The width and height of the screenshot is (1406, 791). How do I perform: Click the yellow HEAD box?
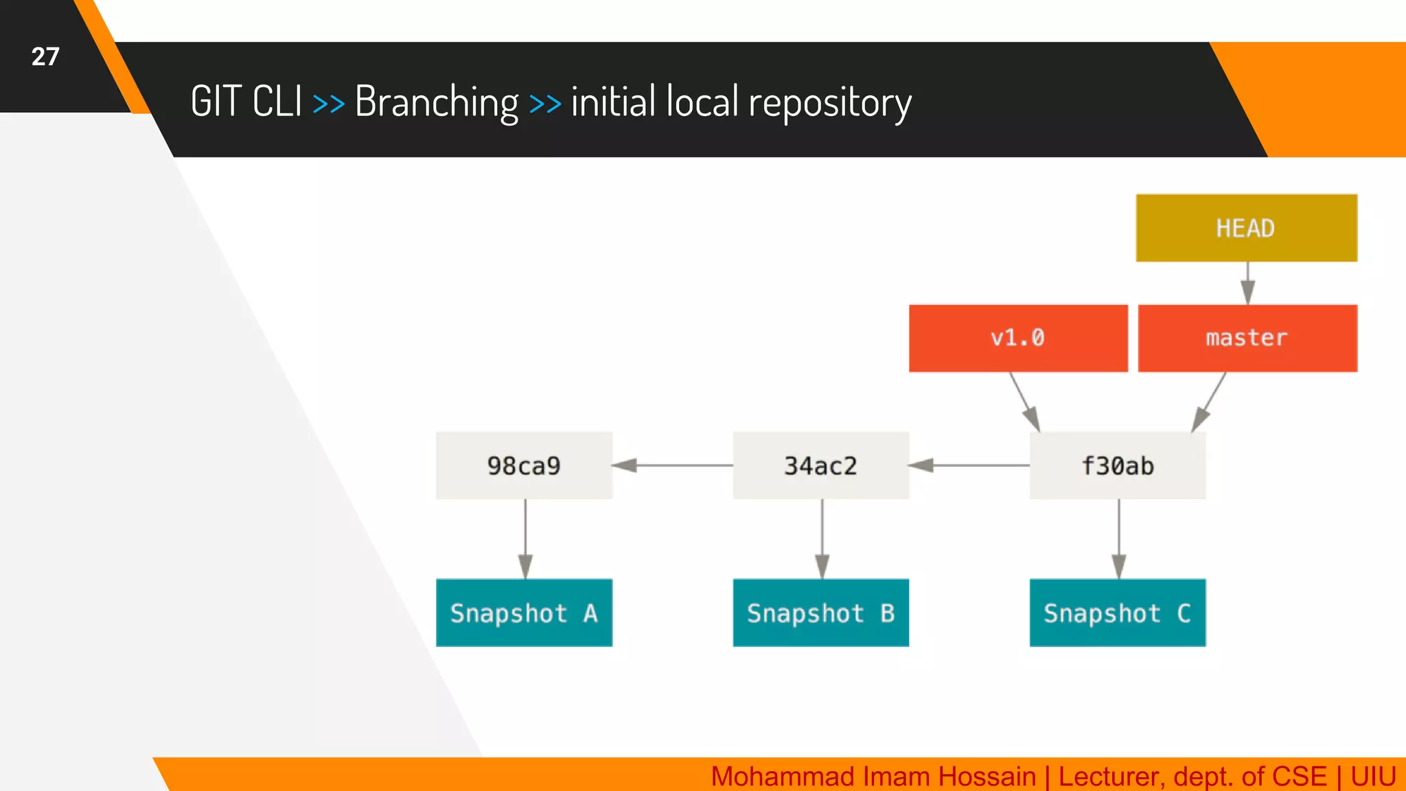pyautogui.click(x=1246, y=228)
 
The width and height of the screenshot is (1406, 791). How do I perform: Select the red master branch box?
pyautogui.click(x=1247, y=338)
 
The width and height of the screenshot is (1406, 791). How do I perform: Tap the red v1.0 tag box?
pyautogui.click(x=1018, y=338)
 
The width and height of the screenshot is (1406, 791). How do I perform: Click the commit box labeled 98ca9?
pyautogui.click(x=524, y=466)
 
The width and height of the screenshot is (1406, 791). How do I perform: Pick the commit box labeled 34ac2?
pyautogui.click(x=821, y=466)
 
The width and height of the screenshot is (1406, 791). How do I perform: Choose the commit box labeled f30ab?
pyautogui.click(x=1118, y=466)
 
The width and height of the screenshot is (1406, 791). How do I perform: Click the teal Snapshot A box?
pyautogui.click(x=524, y=612)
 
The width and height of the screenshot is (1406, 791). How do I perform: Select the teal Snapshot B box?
pyautogui.click(x=821, y=612)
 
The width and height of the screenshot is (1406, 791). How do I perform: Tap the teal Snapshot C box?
pyautogui.click(x=1118, y=612)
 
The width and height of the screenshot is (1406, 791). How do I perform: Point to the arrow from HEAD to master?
pyautogui.click(x=1248, y=282)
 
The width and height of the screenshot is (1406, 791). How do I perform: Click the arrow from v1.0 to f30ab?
pyautogui.click(x=1024, y=402)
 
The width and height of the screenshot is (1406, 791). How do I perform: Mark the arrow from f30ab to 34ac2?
pyautogui.click(x=969, y=466)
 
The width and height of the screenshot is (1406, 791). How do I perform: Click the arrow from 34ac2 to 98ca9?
pyautogui.click(x=673, y=466)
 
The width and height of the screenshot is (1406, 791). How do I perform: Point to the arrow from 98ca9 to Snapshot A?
pyautogui.click(x=526, y=539)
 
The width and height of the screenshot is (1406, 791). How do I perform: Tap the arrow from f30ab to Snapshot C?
pyautogui.click(x=1119, y=539)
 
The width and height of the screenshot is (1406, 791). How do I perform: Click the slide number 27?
pyautogui.click(x=45, y=56)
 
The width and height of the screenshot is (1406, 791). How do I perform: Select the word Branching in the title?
pyautogui.click(x=437, y=102)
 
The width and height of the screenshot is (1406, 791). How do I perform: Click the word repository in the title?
pyautogui.click(x=830, y=103)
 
